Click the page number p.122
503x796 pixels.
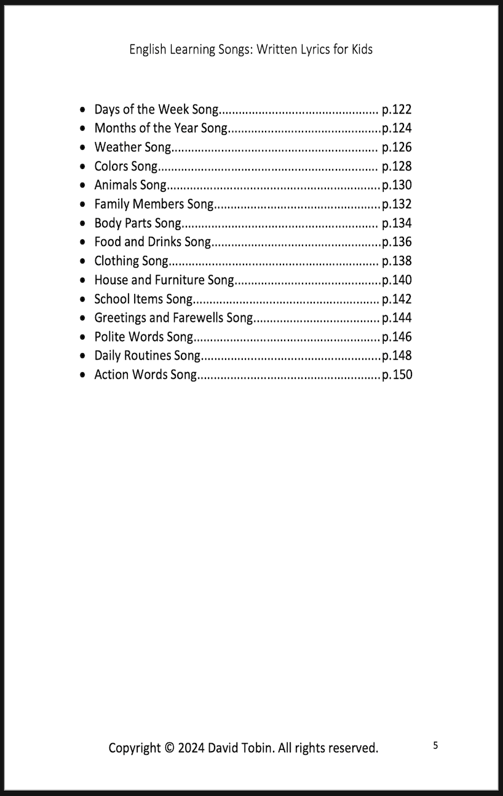397,109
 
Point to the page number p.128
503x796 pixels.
397,167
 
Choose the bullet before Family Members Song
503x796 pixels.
83,204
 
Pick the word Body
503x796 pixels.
107,223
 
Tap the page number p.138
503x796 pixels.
397,261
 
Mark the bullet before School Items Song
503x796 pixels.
83,300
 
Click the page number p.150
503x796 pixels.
397,375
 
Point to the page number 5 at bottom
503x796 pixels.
435,746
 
